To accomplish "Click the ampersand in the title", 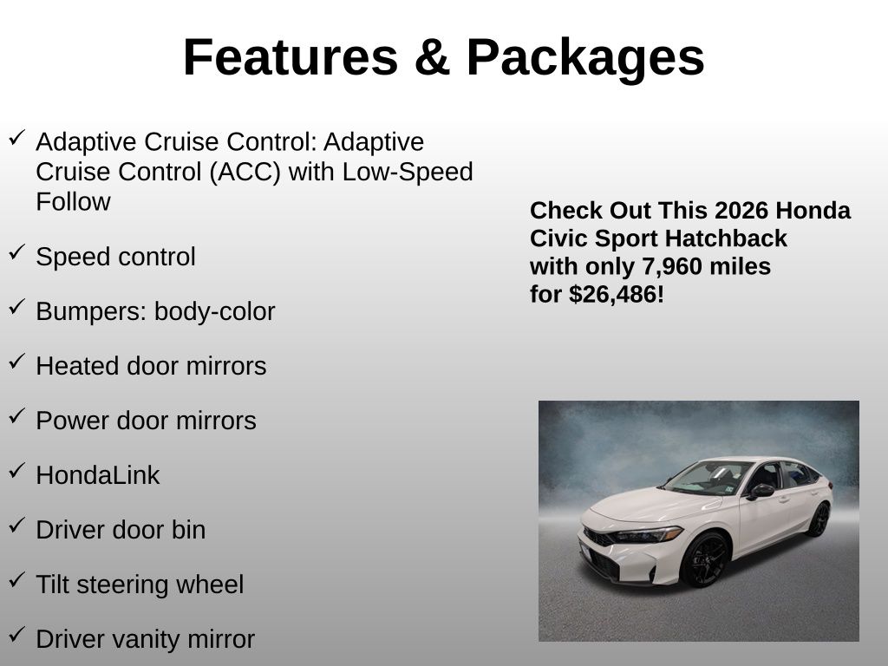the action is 432,57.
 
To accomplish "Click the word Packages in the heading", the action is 585,58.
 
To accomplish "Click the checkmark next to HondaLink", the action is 17,469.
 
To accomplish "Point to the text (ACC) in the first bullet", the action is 245,173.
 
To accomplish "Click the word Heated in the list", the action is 77,366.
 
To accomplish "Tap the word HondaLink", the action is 98,475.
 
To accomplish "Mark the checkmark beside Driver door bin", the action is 17,525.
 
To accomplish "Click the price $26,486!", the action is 617,295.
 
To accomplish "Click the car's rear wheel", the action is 819,519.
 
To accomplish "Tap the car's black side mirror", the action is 761,491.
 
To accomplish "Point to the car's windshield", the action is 708,478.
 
